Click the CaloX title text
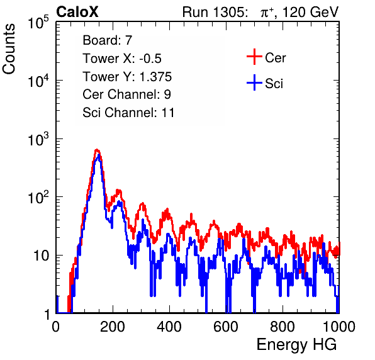[77, 12]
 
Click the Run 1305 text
[215, 12]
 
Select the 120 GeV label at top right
[311, 12]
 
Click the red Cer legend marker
[254, 57]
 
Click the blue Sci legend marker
[254, 83]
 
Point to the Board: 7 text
[108, 40]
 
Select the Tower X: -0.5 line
[122, 59]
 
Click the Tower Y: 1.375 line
[127, 77]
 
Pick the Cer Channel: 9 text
[126, 94]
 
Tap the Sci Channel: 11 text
[128, 113]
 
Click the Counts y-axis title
[9, 49]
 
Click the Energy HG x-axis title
[296, 344]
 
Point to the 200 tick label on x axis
[113, 327]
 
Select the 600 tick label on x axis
[226, 327]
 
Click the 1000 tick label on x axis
[339, 327]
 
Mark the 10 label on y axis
[41, 256]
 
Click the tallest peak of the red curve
[97, 150]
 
